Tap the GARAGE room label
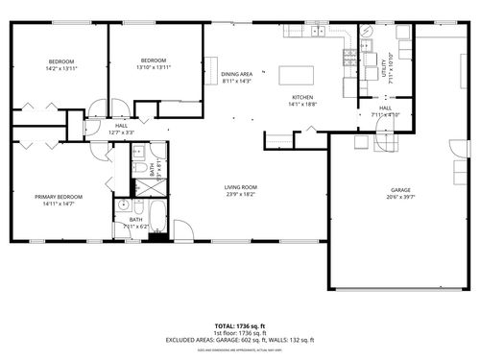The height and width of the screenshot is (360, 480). point(400,190)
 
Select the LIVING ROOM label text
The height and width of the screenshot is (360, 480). point(241,187)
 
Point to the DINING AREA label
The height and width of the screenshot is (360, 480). point(236,74)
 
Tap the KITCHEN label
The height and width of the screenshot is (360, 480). point(303,97)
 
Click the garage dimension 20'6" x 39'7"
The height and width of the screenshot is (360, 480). point(400,197)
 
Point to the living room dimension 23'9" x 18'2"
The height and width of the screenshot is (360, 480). point(241,194)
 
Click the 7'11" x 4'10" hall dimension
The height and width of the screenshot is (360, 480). point(384,114)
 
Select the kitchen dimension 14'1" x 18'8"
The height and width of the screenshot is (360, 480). point(303,104)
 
